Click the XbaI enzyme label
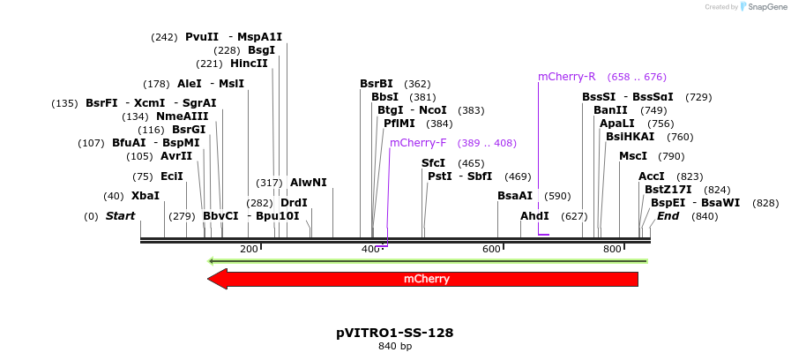point(146,196)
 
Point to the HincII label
point(249,64)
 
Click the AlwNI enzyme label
point(309,183)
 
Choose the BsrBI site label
point(377,84)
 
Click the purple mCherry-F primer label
point(418,143)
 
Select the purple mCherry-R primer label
point(567,77)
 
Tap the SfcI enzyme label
point(433,163)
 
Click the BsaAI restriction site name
point(515,196)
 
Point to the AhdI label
point(534,216)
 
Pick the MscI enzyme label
point(633,156)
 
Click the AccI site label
point(652,176)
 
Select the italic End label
point(668,216)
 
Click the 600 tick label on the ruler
point(492,250)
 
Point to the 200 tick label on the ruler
point(249,250)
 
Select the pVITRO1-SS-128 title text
point(395,333)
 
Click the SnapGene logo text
point(764,6)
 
